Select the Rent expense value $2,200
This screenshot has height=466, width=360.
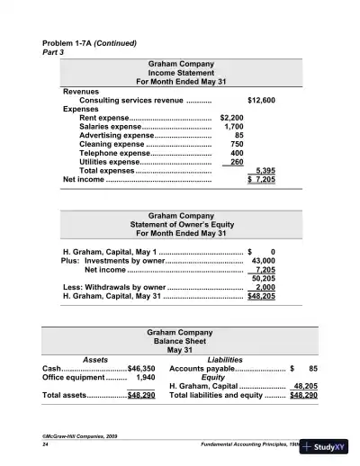tap(231, 118)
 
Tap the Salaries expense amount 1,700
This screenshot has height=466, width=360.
tap(233, 127)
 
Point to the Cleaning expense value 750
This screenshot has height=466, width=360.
tap(237, 144)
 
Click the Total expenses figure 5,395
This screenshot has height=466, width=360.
tap(265, 170)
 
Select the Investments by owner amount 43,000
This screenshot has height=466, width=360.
tap(261, 260)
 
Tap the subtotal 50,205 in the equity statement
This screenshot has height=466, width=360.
tap(262, 278)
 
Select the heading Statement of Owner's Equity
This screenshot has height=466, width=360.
tap(180, 226)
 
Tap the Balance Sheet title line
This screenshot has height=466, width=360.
tap(180, 342)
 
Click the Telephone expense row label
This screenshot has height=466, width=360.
tap(115, 153)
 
